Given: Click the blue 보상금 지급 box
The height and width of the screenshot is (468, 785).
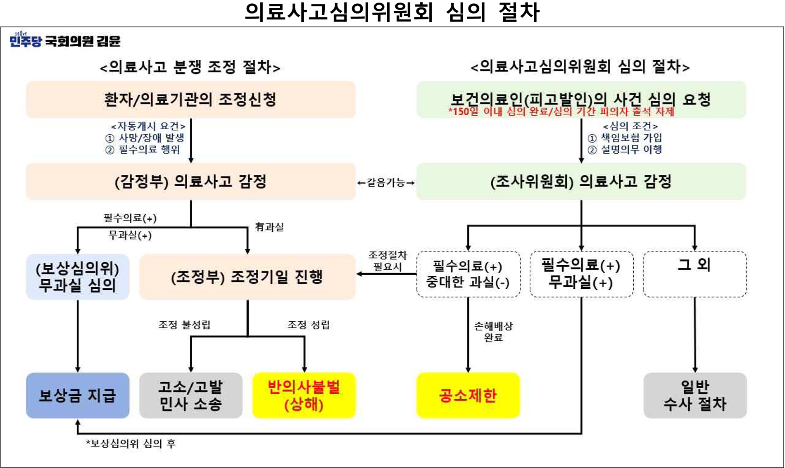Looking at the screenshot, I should (78, 395).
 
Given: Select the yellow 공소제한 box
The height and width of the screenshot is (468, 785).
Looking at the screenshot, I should (468, 395).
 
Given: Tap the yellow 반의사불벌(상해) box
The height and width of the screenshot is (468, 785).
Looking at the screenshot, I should (304, 395).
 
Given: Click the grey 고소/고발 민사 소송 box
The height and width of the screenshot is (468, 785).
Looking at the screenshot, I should (190, 395).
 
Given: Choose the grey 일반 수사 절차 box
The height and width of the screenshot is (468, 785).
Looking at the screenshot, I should (695, 395).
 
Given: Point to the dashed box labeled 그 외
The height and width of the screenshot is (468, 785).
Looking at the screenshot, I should (695, 274).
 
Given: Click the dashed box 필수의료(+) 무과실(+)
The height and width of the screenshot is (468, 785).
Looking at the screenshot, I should (581, 274).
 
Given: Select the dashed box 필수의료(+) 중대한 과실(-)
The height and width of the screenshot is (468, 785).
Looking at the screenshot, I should (468, 274).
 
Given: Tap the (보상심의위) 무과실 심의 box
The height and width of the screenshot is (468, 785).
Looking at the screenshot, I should (78, 277).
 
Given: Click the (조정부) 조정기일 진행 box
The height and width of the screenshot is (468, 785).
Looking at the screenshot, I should (247, 277).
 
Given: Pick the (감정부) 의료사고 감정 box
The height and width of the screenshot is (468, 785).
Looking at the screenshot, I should (190, 181).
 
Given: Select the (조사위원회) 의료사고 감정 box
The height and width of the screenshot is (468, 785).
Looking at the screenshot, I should (581, 181).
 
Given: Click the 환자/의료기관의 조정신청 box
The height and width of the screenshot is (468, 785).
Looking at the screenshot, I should (190, 100).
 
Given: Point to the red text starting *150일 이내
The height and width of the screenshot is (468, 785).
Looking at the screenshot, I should (561, 112).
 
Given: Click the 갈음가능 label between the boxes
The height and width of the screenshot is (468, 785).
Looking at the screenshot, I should (386, 183).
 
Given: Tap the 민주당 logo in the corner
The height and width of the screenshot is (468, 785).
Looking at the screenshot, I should (26, 40).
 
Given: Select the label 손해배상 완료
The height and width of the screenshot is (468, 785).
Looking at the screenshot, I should (493, 332).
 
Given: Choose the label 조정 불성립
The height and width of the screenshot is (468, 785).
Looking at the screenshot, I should (184, 325).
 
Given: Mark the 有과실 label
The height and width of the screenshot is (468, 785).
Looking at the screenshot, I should (269, 227).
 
